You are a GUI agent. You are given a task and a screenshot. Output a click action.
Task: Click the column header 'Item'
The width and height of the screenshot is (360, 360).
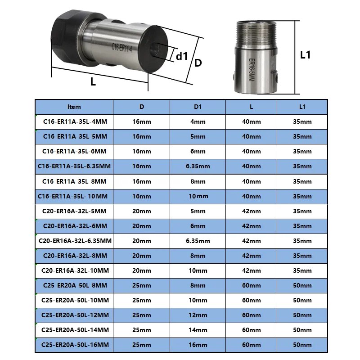[74, 107]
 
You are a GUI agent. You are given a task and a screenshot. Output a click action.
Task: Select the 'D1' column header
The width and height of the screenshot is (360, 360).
[198, 107]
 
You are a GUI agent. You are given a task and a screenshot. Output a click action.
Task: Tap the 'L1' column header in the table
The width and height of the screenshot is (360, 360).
[302, 107]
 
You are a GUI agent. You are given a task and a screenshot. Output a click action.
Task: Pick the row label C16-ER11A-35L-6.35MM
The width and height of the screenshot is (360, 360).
[75, 166]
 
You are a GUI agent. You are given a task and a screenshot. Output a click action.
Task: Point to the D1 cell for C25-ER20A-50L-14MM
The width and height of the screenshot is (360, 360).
[198, 330]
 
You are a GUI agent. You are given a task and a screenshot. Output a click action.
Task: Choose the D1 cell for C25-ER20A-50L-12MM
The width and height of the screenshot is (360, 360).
[198, 315]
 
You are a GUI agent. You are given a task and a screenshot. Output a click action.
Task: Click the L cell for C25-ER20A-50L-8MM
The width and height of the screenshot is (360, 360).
[251, 285]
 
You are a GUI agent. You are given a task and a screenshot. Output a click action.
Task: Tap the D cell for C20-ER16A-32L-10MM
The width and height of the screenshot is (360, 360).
[142, 270]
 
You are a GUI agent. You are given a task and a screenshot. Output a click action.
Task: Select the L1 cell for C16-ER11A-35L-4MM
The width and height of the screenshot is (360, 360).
[302, 121]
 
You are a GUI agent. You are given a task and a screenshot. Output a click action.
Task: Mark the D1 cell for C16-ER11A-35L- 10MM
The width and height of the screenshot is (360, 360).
[198, 196]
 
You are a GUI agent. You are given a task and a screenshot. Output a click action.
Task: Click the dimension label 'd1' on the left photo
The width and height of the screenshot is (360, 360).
[181, 56]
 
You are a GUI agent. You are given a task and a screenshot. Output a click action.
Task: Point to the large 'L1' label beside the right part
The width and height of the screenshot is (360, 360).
[306, 55]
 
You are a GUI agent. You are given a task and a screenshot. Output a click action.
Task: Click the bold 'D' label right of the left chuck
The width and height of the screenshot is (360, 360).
[198, 63]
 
